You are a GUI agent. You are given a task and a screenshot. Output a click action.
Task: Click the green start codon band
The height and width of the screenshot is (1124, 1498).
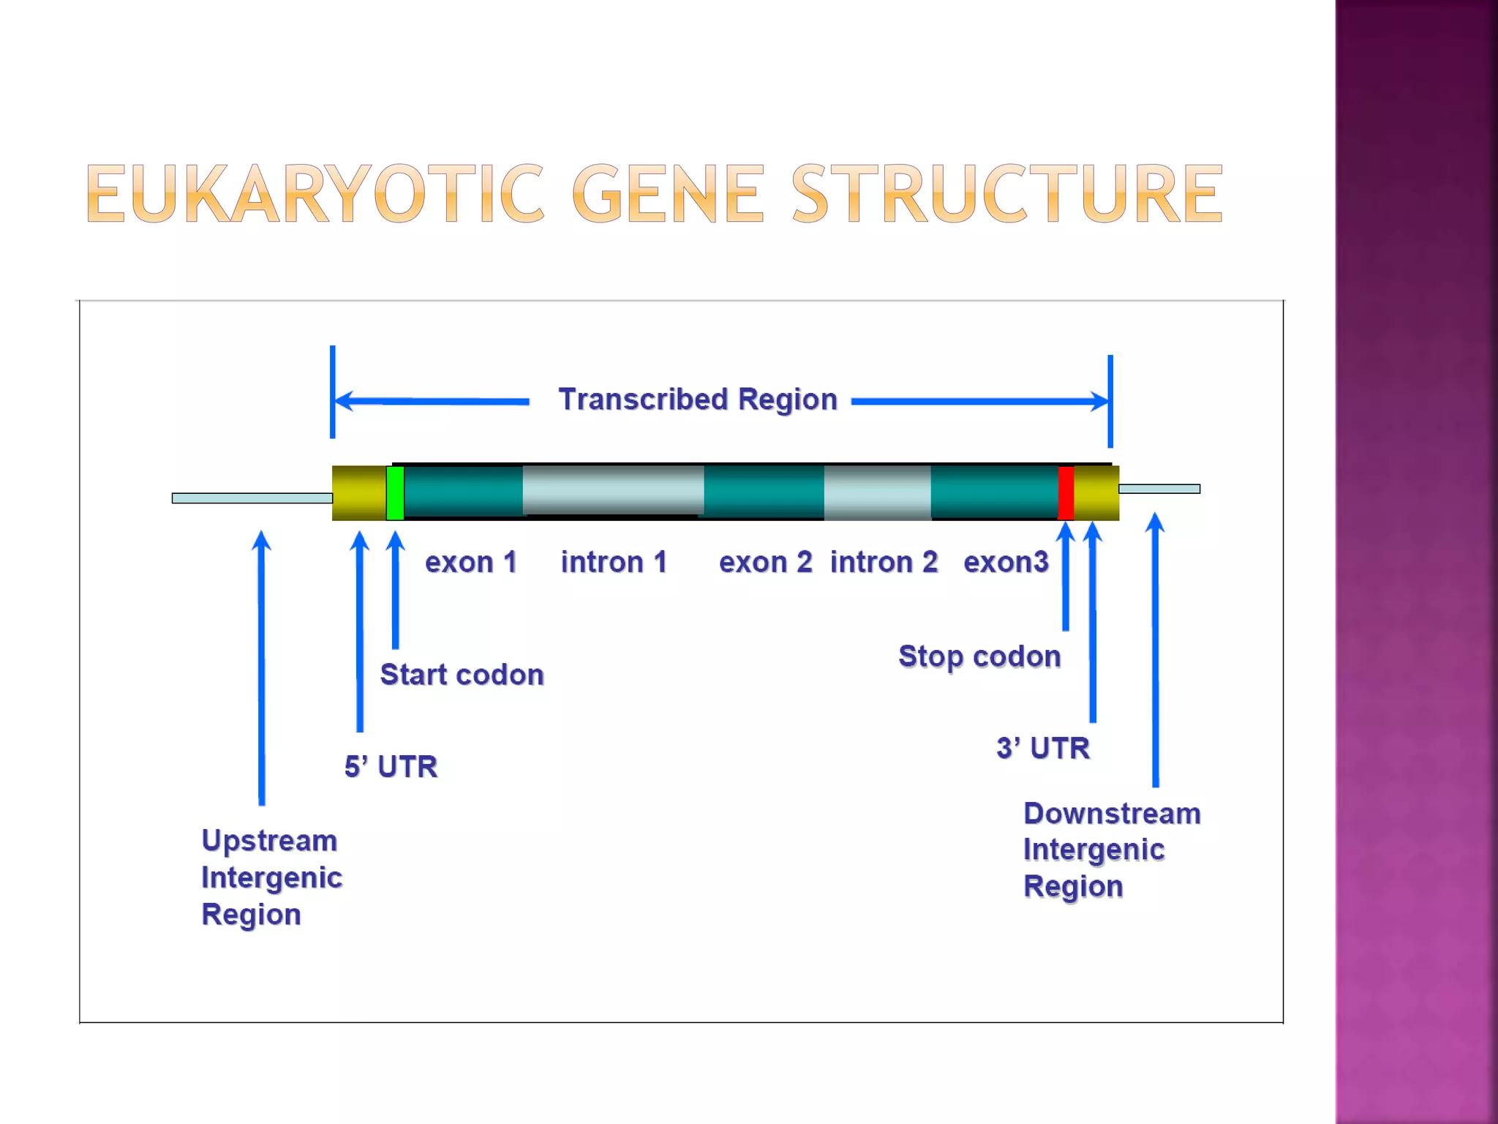click(x=395, y=492)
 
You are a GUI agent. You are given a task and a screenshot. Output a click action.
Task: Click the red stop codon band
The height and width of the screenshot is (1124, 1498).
click(x=1066, y=492)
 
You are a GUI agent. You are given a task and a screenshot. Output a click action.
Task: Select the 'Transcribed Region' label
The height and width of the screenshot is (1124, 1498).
click(x=697, y=400)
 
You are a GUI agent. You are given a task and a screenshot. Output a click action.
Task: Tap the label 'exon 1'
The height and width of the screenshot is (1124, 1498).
click(x=470, y=562)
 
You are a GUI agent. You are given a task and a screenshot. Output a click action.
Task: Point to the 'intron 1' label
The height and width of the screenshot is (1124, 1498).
click(x=614, y=562)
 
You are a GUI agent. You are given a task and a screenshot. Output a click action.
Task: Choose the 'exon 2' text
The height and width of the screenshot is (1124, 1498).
click(x=765, y=562)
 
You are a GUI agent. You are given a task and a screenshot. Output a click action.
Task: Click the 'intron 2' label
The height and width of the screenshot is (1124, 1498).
click(x=884, y=562)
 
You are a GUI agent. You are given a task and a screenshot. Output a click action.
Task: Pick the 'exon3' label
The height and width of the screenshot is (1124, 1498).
click(x=1006, y=562)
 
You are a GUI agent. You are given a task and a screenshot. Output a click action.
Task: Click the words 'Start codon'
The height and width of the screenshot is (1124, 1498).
click(x=462, y=674)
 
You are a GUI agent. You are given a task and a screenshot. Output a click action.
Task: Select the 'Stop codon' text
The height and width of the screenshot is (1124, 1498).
click(x=979, y=656)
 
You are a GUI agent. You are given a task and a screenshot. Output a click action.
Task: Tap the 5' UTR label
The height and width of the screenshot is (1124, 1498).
click(x=391, y=766)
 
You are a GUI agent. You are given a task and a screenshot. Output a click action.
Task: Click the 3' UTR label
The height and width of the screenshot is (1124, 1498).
click(x=1043, y=748)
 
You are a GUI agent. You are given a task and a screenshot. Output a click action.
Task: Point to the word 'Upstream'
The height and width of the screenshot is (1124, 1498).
click(x=269, y=840)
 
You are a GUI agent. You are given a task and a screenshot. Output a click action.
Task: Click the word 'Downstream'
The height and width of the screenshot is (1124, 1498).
click(x=1112, y=813)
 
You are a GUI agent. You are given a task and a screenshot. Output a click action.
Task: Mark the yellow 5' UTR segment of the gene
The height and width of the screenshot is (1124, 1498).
click(x=358, y=492)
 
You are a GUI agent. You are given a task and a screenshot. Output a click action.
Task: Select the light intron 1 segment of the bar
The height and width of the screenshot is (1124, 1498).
click(x=613, y=490)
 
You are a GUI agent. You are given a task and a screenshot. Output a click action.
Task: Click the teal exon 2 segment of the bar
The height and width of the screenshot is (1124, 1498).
click(x=764, y=492)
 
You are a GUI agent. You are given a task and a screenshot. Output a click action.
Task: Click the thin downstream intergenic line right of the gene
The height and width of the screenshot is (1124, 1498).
click(x=1159, y=489)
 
